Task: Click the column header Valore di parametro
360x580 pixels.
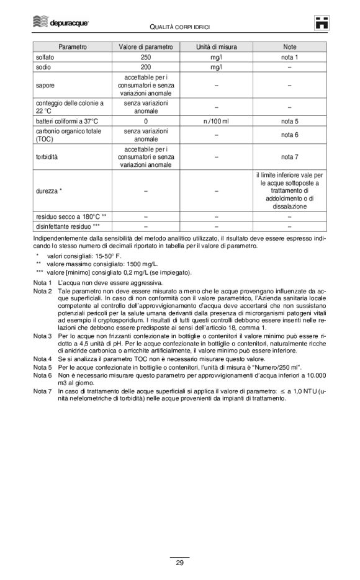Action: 146,47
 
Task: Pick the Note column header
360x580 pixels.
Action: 289,47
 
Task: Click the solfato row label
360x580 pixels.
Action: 45,57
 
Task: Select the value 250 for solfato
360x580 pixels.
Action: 146,57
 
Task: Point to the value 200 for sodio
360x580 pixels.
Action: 146,67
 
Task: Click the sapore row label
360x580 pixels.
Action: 45,85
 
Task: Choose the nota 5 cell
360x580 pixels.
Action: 289,121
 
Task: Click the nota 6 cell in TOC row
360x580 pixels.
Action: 289,135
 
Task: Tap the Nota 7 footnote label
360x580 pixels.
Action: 42,391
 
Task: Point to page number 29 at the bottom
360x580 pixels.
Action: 179,563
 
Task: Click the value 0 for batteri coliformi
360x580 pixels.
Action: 146,121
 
